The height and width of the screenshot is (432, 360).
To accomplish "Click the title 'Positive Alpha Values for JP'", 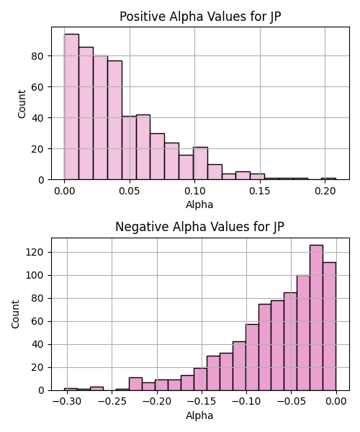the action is pyautogui.click(x=200, y=17).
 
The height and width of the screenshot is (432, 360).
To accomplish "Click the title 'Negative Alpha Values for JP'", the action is pyautogui.click(x=199, y=227).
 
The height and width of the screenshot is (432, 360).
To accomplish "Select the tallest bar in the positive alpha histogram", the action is pyautogui.click(x=71, y=107).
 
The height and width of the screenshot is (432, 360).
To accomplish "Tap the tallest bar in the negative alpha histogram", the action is pyautogui.click(x=316, y=318).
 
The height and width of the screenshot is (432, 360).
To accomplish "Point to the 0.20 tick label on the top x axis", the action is pyautogui.click(x=325, y=191).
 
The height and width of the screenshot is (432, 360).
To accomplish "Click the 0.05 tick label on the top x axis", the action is pyautogui.click(x=130, y=191).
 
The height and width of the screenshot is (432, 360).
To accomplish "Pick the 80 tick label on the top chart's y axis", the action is pyautogui.click(x=37, y=56).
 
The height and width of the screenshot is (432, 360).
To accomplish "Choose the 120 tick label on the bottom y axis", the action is pyautogui.click(x=35, y=253).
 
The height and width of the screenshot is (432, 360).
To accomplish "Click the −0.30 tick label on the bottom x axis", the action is pyautogui.click(x=67, y=402).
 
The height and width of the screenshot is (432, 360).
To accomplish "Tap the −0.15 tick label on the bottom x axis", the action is pyautogui.click(x=202, y=402).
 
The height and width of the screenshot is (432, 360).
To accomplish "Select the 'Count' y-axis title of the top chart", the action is pyautogui.click(x=22, y=104).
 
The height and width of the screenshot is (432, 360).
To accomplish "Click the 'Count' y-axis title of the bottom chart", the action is pyautogui.click(x=15, y=315).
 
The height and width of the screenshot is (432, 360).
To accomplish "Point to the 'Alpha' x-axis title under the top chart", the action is pyautogui.click(x=199, y=204).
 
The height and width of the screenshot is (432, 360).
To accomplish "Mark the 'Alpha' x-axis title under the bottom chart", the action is pyautogui.click(x=199, y=415).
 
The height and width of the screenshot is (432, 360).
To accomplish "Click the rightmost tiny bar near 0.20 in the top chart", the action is pyautogui.click(x=328, y=179).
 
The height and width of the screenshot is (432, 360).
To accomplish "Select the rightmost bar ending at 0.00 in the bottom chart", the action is pyautogui.click(x=330, y=326).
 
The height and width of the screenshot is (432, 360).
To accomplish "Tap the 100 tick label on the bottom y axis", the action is pyautogui.click(x=35, y=276).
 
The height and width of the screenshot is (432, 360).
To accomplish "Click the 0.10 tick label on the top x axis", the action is pyautogui.click(x=194, y=191).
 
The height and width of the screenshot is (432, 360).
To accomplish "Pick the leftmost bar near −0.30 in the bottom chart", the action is pyautogui.click(x=71, y=390).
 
